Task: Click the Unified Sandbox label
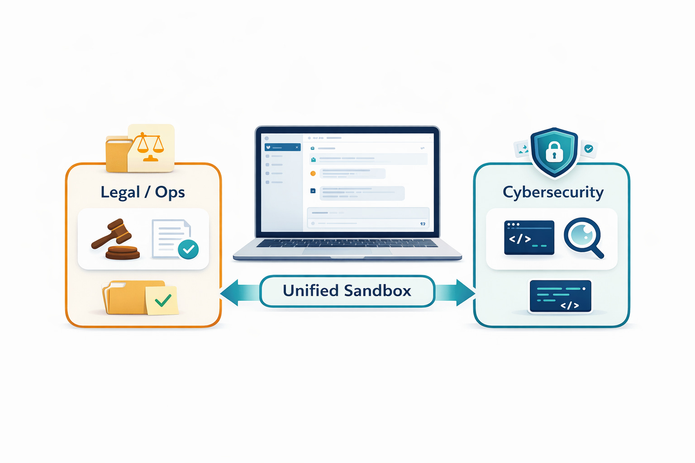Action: (347, 291)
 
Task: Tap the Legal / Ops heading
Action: (143, 192)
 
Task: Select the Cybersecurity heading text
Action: (553, 192)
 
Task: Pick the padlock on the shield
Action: (554, 152)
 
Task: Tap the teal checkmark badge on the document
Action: (188, 249)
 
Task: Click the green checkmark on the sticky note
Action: (163, 300)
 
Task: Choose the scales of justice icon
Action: (151, 147)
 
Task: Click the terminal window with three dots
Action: (529, 237)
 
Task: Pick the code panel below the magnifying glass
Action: (560, 296)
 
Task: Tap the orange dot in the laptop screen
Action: (313, 173)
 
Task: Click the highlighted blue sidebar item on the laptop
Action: (282, 147)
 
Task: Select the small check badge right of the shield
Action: (589, 148)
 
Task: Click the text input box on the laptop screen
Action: (368, 217)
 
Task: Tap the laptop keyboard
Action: (347, 243)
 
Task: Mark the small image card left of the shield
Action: (523, 148)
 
